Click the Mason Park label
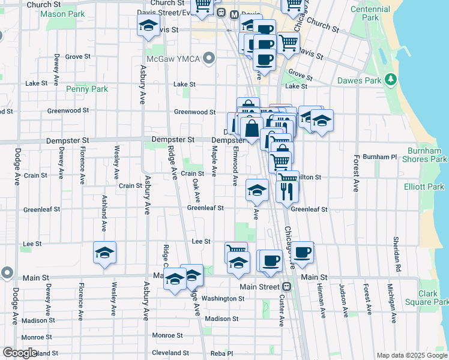[63, 13]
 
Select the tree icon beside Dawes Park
[391, 79]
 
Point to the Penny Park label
[87, 89]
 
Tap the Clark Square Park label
[428, 298]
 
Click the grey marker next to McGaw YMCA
[209, 58]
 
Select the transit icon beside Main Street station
[287, 287]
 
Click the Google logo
[20, 353]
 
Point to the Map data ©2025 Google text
[412, 355]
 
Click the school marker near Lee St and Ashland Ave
[104, 253]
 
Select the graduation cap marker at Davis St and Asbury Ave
[148, 26]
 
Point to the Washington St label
[223, 298]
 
